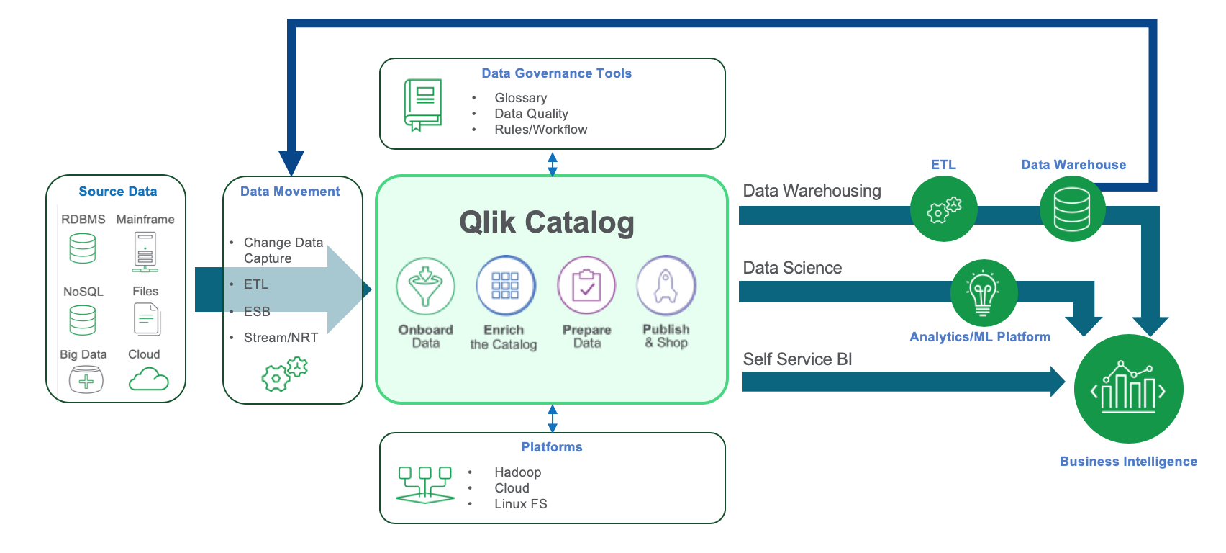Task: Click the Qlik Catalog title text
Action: click(547, 222)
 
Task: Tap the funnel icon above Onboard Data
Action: click(425, 286)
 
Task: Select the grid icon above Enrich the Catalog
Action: click(505, 285)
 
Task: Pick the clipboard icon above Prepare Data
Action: click(586, 286)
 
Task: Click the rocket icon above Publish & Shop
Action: click(666, 286)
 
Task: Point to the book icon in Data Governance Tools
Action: click(423, 105)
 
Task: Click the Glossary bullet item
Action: click(520, 98)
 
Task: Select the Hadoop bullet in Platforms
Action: click(517, 472)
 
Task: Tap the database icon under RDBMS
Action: click(83, 249)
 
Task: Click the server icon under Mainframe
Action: click(145, 252)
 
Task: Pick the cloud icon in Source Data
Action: click(148, 379)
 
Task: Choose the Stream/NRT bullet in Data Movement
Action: click(281, 338)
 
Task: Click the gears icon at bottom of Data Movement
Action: click(284, 374)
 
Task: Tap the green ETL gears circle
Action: click(943, 210)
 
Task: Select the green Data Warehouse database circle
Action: click(1072, 209)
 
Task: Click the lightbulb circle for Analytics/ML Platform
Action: click(984, 292)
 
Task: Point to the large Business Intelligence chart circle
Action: click(1128, 390)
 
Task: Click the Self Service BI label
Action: click(797, 359)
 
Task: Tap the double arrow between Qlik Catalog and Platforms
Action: click(553, 418)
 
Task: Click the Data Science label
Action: click(792, 268)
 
